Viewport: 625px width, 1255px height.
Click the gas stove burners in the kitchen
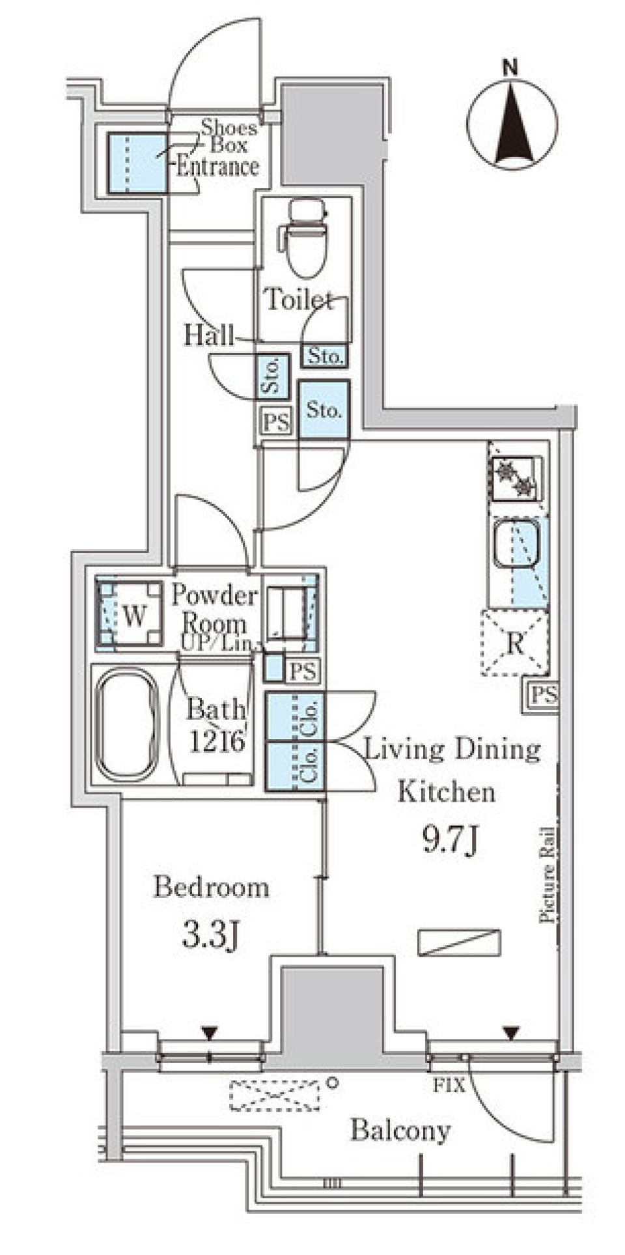(516, 478)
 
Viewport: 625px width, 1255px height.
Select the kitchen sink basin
(516, 544)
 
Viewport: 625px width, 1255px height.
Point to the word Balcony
(400, 1131)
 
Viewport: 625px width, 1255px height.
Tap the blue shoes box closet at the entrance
(137, 163)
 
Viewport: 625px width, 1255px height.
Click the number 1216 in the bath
(217, 741)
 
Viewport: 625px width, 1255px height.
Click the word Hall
(208, 336)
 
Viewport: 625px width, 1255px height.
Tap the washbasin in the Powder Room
(286, 613)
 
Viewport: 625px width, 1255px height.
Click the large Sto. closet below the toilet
(324, 410)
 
